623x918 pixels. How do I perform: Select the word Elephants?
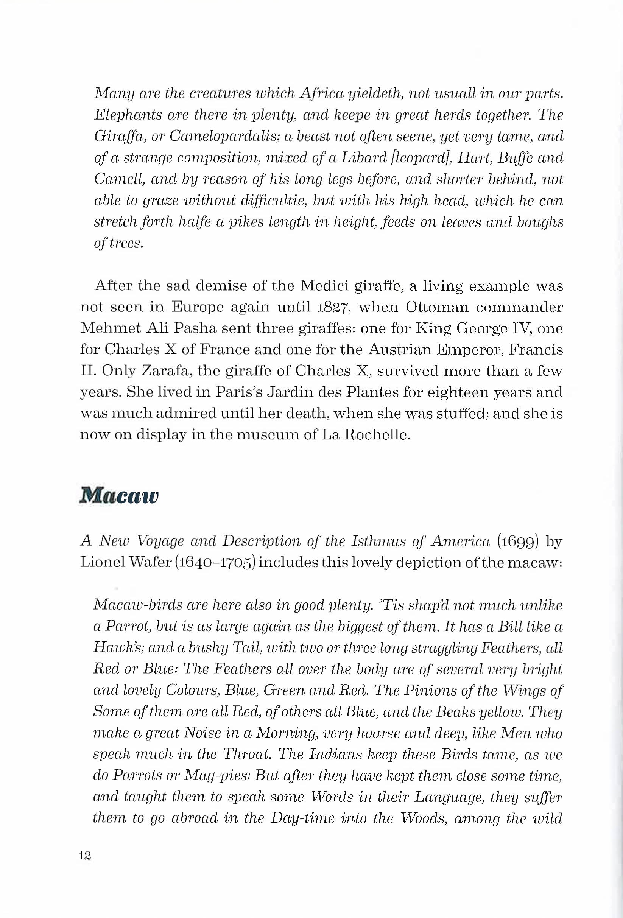tap(126, 115)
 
